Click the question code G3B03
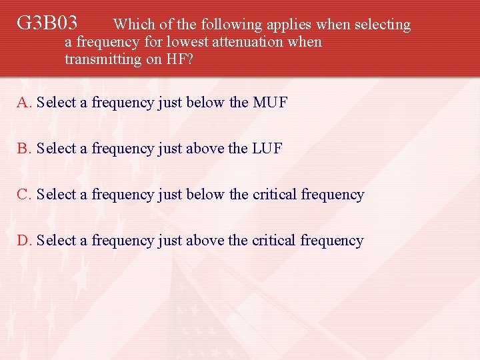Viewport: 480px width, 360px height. click(47, 24)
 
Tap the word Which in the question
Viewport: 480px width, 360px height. click(134, 25)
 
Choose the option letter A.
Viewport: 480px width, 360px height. click(24, 103)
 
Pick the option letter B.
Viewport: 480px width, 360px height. click(24, 149)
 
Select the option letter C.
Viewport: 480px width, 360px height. click(24, 195)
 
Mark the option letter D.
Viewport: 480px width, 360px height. click(24, 241)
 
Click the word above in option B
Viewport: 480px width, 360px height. click(206, 149)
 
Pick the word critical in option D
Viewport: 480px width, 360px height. click(274, 241)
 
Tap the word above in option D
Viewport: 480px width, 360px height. click(206, 241)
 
